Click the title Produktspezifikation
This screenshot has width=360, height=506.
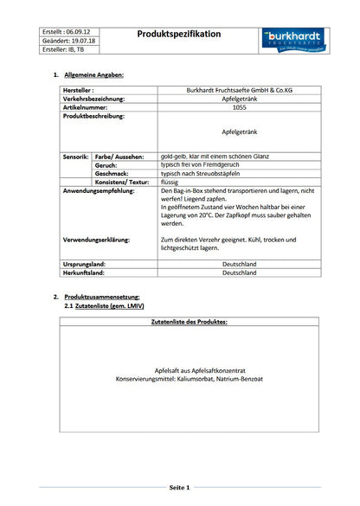coord(179,34)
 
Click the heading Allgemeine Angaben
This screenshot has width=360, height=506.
coord(94,75)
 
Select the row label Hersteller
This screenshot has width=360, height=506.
coord(78,90)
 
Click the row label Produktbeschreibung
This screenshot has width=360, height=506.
coord(93,116)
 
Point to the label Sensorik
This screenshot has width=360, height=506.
coord(75,157)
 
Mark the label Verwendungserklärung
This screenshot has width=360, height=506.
coord(97,239)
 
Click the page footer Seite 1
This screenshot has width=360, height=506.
coord(180,489)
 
